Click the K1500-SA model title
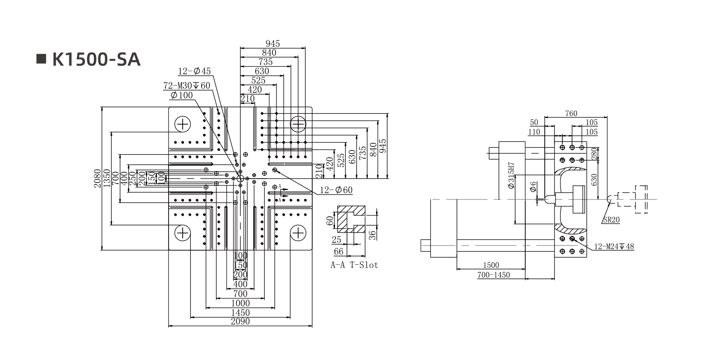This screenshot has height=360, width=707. (96, 59)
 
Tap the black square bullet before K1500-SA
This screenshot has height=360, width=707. (41, 59)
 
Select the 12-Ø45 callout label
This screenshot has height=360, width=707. (194, 71)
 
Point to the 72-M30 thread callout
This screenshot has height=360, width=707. (187, 86)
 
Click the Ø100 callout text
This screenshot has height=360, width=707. (181, 95)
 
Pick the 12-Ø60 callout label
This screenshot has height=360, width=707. (336, 190)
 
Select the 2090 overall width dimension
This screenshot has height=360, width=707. (240, 322)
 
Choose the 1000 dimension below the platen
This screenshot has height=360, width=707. (240, 303)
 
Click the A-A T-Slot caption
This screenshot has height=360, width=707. (354, 265)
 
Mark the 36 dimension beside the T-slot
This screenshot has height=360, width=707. (372, 234)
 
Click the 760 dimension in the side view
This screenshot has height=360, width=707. (571, 113)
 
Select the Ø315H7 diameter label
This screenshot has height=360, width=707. (511, 176)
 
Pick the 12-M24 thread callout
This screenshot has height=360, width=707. (614, 247)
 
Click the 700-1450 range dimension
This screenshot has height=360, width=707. (494, 275)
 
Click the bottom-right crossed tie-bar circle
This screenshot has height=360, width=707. (298, 233)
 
